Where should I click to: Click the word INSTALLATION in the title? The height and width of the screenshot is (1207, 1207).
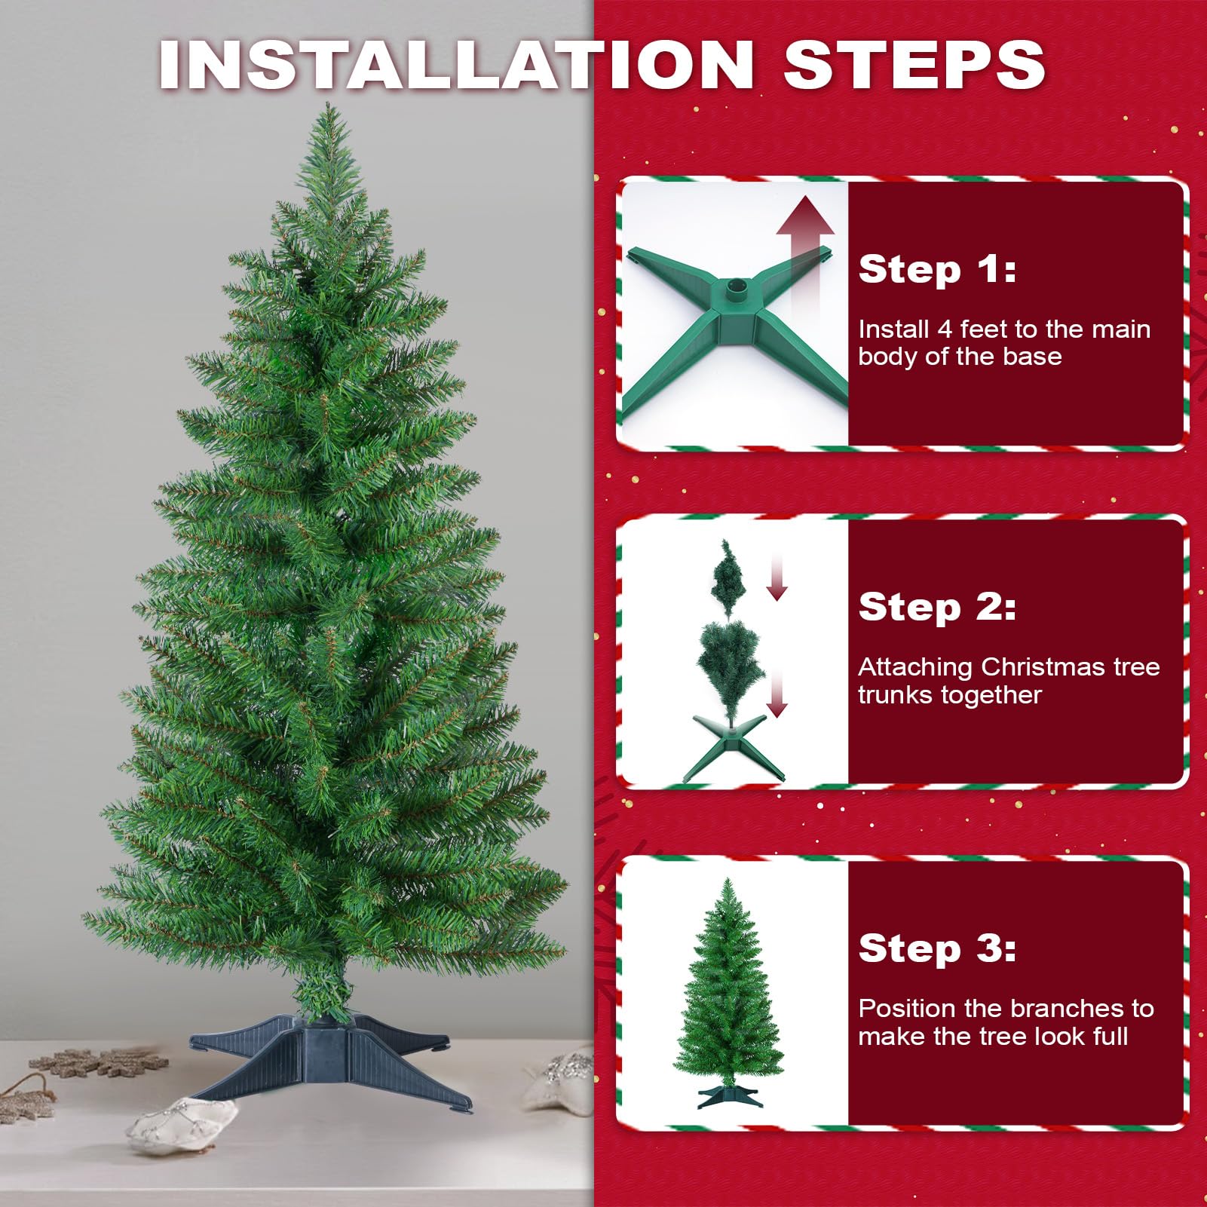[457, 65]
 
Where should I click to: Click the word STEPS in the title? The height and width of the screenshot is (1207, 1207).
[914, 65]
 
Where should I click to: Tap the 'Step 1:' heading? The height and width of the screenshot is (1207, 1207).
[937, 269]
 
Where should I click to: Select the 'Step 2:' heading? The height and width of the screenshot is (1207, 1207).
[937, 607]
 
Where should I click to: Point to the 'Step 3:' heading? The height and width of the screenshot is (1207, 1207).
[937, 948]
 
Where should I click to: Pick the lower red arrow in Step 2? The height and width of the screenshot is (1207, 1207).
[777, 694]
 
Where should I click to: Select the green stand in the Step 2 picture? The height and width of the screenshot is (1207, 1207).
[733, 746]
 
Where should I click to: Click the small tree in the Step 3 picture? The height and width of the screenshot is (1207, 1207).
[728, 992]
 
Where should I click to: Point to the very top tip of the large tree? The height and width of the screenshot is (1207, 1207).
[329, 103]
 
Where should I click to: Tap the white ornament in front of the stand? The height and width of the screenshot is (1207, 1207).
[181, 1123]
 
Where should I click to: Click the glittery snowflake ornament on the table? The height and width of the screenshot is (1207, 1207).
[98, 1063]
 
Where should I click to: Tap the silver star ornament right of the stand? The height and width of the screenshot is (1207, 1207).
[562, 1078]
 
